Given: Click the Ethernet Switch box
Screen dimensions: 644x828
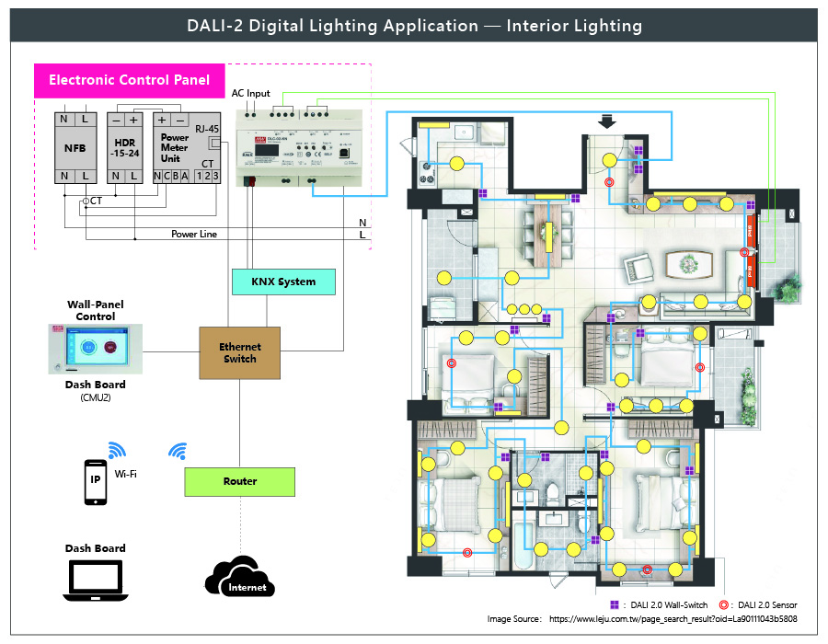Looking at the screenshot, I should pyautogui.click(x=240, y=352).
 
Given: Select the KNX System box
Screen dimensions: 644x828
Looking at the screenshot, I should pyautogui.click(x=282, y=282).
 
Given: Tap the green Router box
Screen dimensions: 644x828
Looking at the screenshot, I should pyautogui.click(x=240, y=481).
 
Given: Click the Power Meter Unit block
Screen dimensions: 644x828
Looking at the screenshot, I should pyautogui.click(x=175, y=147).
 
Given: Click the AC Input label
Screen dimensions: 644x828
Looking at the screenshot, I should pyautogui.click(x=251, y=93).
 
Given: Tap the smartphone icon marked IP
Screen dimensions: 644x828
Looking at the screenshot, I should pyautogui.click(x=95, y=482).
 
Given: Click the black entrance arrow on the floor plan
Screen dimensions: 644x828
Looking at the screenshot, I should pyautogui.click(x=604, y=121).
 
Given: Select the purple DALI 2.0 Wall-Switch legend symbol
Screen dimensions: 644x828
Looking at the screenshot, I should pyautogui.click(x=614, y=604).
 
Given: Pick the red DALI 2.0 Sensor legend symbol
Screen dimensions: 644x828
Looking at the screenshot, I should pyautogui.click(x=724, y=604).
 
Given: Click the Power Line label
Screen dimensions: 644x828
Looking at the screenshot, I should pyautogui.click(x=194, y=235).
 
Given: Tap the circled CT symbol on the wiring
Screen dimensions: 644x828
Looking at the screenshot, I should pyautogui.click(x=86, y=201).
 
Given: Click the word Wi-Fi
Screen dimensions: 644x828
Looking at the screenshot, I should pyautogui.click(x=127, y=475).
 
